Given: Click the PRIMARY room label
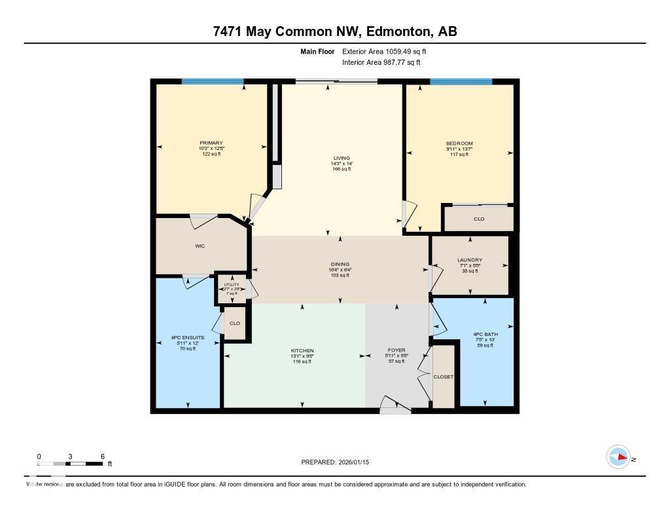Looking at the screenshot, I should [211, 143].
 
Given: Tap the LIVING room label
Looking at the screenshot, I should [342, 158].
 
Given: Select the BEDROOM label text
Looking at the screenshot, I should [459, 143].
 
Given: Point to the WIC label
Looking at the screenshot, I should [200, 247].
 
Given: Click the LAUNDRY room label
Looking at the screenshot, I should [469, 260].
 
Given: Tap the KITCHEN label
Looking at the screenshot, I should [302, 351].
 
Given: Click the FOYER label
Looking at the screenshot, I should [397, 351].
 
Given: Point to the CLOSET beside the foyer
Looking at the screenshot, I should [443, 377].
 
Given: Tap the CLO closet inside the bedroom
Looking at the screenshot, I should [479, 219].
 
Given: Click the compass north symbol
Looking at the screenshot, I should [618, 457].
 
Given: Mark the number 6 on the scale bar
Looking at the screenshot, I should [102, 456].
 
